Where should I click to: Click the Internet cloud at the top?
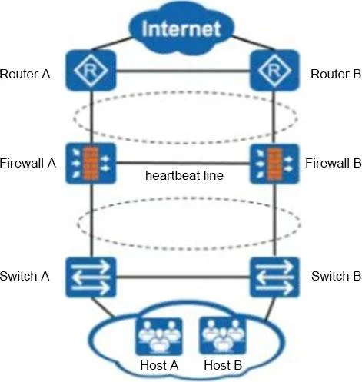181,28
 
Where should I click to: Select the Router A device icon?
91,71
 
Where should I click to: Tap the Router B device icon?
274,71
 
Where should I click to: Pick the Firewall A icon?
91,164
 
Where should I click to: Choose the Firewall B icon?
274,164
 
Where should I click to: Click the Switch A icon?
91,277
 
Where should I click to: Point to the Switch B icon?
274,277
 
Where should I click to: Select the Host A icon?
159,336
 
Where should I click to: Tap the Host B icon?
223,336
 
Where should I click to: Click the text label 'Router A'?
25,75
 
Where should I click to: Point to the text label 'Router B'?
336,75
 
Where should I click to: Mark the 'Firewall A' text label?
28,163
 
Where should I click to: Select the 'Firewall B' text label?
334,163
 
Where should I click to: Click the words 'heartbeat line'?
184,175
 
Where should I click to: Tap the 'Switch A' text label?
25,276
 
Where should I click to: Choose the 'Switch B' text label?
336,276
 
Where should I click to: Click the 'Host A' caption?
159,365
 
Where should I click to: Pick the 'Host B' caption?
223,365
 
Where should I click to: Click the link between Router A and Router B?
183,71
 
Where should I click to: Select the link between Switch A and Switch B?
183,277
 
